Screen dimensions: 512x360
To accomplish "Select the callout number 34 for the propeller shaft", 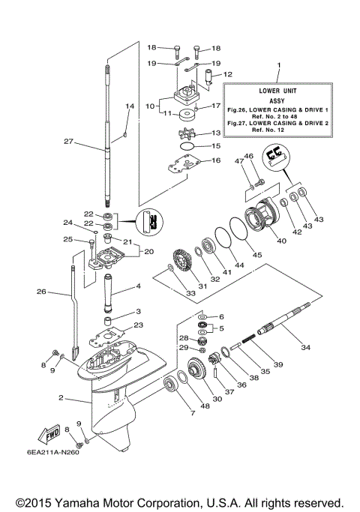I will click(304, 347).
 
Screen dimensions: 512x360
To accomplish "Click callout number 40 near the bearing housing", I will click(282, 241).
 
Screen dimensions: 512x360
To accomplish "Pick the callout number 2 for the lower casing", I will click(60, 398).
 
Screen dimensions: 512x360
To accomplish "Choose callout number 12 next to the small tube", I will click(228, 74).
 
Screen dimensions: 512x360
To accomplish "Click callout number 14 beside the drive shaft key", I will click(129, 107).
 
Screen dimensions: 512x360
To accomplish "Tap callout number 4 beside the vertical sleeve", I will click(138, 286).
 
